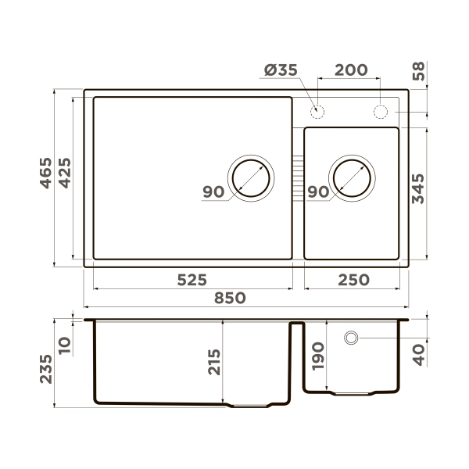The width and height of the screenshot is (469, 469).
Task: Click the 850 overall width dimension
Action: point(230,298)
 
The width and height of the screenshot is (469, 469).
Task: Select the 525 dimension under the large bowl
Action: point(191,279)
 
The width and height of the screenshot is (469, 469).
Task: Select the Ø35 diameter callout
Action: point(281,70)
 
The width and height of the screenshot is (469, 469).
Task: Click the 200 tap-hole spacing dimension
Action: point(351,70)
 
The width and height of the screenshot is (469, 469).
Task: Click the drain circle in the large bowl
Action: point(251,176)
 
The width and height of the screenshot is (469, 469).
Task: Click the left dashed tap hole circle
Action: point(317,110)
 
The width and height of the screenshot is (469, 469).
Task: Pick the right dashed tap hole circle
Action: point(381,111)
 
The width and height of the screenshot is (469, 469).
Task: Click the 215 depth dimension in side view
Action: point(214,362)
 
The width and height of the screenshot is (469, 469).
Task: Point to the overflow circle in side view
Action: point(352,338)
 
